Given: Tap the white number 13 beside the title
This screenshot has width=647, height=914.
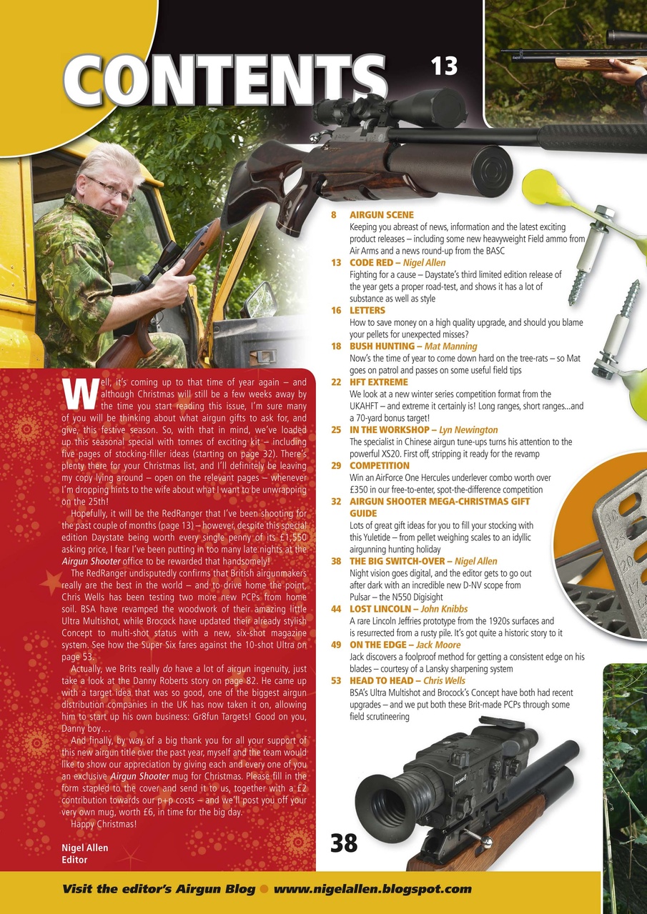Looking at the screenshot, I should tap(443, 66).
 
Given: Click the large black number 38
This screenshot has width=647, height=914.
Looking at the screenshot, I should tap(344, 843).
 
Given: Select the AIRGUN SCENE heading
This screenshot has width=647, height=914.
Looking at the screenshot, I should tap(381, 214).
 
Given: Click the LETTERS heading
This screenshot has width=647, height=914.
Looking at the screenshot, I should tap(367, 311).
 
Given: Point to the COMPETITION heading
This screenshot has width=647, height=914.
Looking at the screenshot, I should tap(379, 466).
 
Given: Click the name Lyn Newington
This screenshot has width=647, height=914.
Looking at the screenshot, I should tap(467, 430).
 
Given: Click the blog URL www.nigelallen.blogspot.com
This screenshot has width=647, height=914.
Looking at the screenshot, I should tap(372, 889).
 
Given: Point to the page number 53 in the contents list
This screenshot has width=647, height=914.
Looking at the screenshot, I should tap(335, 681).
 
